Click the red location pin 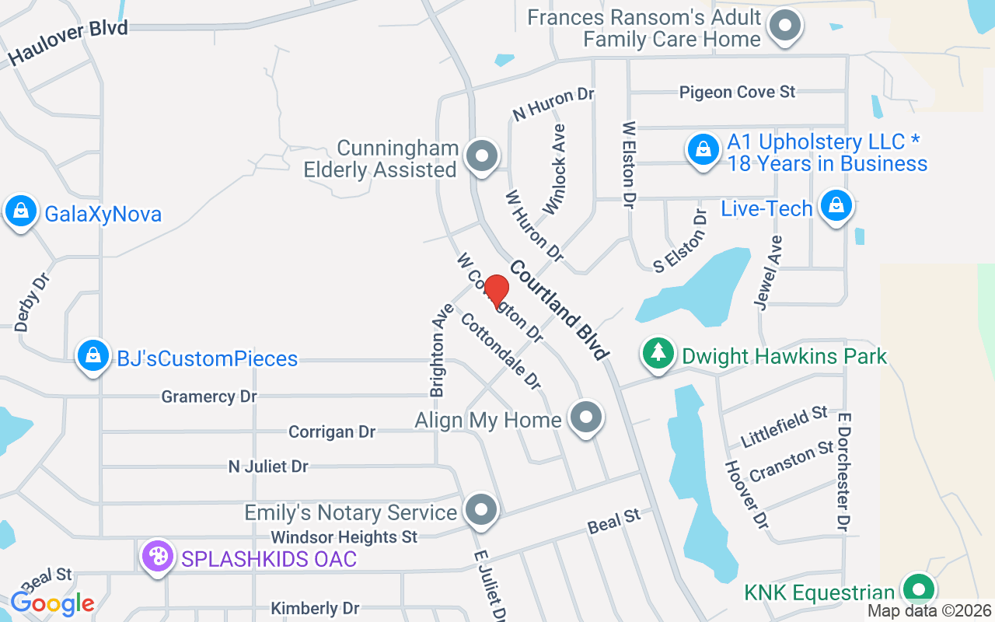tap(497, 292)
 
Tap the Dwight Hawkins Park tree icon tap(658, 355)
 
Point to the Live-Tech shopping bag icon tap(836, 206)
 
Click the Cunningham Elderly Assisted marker tap(482, 156)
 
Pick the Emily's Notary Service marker tap(481, 511)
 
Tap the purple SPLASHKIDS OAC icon tap(158, 557)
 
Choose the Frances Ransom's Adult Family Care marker tap(785, 26)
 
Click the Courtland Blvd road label tap(558, 310)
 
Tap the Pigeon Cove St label tap(737, 92)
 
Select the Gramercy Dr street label tap(208, 397)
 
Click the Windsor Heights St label tap(344, 536)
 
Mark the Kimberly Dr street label tap(315, 608)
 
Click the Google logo tap(53, 603)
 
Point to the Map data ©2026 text tap(929, 611)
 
